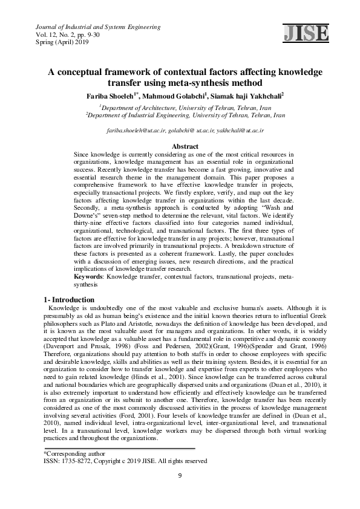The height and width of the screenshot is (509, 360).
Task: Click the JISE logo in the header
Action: coord(305,33)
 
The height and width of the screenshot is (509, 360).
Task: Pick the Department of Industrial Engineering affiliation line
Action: coord(180,113)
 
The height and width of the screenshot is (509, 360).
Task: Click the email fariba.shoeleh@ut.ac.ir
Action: coord(135,130)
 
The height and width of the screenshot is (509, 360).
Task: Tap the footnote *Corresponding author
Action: coord(68,453)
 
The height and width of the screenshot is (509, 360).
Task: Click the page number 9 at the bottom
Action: coord(180,476)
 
